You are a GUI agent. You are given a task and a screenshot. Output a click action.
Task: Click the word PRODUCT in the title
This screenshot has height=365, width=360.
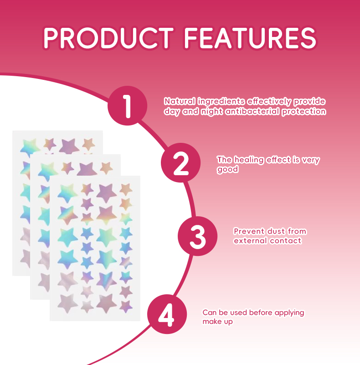coord(108,37)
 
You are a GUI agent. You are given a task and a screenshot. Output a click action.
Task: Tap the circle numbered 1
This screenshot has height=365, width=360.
coord(127,105)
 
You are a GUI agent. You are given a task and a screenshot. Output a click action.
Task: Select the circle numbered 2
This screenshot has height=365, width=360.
coord(181,163)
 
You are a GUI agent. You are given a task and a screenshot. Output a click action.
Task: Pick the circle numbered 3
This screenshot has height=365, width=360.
coord(197,236)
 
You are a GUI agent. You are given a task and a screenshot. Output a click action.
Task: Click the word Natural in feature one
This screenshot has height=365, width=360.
coord(180,101)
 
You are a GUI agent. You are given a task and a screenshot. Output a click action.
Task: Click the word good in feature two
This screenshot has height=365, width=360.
coord(227,169)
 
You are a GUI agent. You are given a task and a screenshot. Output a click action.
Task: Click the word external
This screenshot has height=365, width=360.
coord(250,240)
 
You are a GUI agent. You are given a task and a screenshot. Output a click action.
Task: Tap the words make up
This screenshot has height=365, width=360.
coord(217,322)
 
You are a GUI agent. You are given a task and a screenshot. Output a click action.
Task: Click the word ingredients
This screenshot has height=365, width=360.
coord(221,101)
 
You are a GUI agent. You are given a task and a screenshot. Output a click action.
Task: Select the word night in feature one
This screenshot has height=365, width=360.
coord(212,111)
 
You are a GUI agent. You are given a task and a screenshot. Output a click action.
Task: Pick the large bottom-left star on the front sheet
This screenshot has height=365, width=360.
coord(67,302)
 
